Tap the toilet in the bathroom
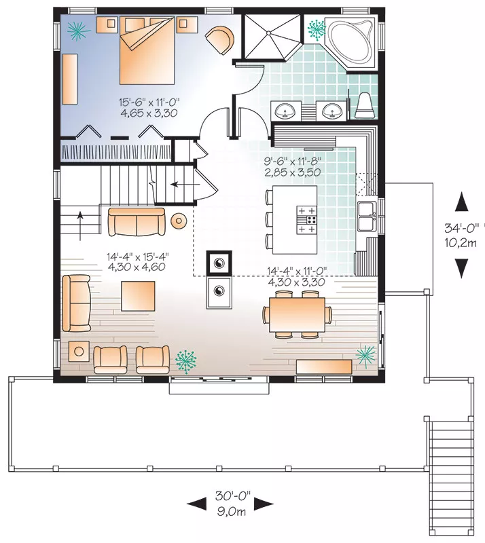365,105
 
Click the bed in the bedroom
147,51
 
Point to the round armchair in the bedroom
219,39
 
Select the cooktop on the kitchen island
306,219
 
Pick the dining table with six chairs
297,314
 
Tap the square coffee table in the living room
138,296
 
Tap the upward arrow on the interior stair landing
80,226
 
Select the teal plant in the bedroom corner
79,31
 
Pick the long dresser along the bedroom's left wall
69,79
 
